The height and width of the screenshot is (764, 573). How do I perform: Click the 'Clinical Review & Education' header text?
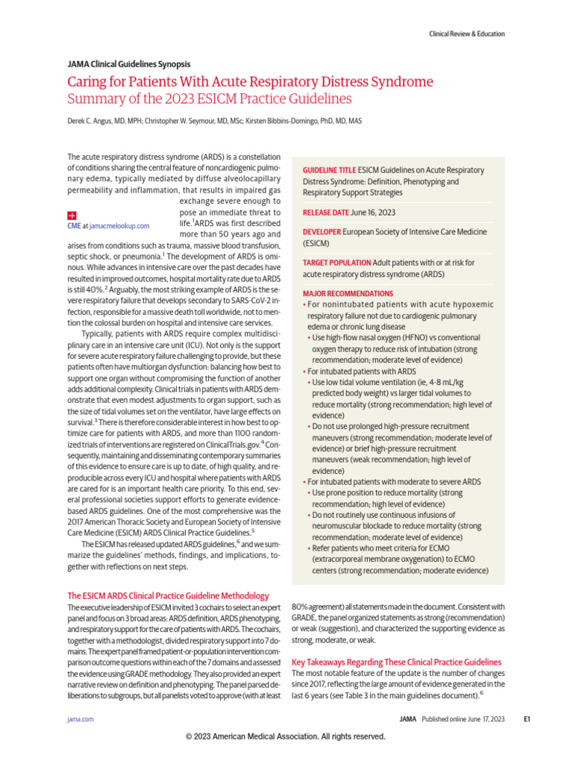pos(466,34)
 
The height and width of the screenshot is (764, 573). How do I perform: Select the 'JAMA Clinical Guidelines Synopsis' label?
pos(128,65)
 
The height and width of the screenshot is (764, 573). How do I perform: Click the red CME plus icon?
pos(72,214)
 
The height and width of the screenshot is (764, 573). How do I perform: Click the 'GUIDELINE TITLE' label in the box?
pos(329,171)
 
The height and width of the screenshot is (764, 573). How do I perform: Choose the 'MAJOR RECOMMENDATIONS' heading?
pos(348,293)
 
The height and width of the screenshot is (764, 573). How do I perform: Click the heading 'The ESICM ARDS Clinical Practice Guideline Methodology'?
pos(169,596)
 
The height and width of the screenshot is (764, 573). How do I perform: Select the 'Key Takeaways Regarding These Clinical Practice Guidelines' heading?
pos(396,663)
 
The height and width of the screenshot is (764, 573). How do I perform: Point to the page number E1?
pos(526,719)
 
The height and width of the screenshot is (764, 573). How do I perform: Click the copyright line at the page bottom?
pos(286,736)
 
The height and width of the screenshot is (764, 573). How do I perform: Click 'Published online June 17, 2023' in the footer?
pos(463,719)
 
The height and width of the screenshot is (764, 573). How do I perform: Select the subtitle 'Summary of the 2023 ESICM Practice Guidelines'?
pos(209,99)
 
